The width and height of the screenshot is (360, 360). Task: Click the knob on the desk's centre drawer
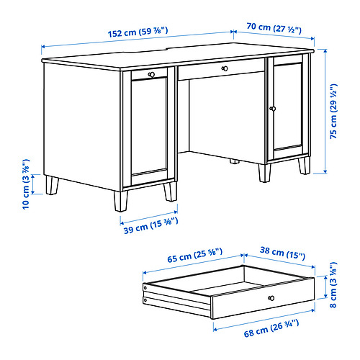pos(225,68)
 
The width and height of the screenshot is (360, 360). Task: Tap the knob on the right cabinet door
pos(273,108)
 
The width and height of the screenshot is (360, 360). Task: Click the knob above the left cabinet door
pos(150,74)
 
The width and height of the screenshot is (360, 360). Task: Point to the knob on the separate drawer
pos(271,297)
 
